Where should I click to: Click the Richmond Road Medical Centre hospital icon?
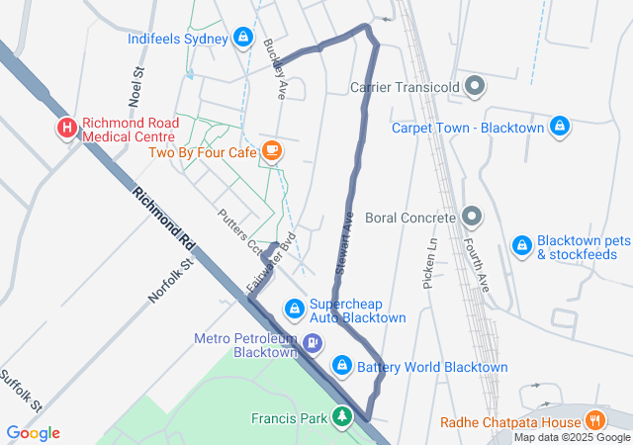click(x=67, y=128)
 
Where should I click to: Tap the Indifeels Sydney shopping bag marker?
click(x=243, y=39)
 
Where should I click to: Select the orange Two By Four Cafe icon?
click(x=272, y=152)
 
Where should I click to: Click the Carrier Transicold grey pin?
click(x=475, y=87)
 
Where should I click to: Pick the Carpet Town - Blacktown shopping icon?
click(x=560, y=128)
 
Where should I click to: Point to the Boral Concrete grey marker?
click(x=471, y=217)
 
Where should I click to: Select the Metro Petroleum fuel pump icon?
click(x=313, y=344)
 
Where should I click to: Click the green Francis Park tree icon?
click(x=342, y=418)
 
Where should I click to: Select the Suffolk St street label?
click(x=21, y=392)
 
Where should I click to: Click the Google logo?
click(x=34, y=432)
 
